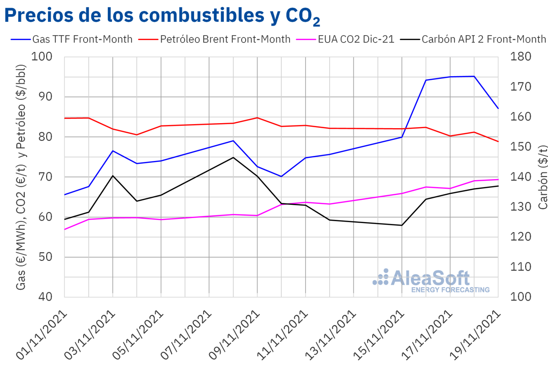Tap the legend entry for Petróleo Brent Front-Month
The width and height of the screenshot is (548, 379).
coord(214,39)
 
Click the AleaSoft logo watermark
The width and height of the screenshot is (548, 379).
coord(432,279)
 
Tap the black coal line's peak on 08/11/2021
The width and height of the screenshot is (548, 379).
coord(233,157)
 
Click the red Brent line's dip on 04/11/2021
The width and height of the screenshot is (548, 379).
coord(137,135)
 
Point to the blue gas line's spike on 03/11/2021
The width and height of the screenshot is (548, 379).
coord(112,151)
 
